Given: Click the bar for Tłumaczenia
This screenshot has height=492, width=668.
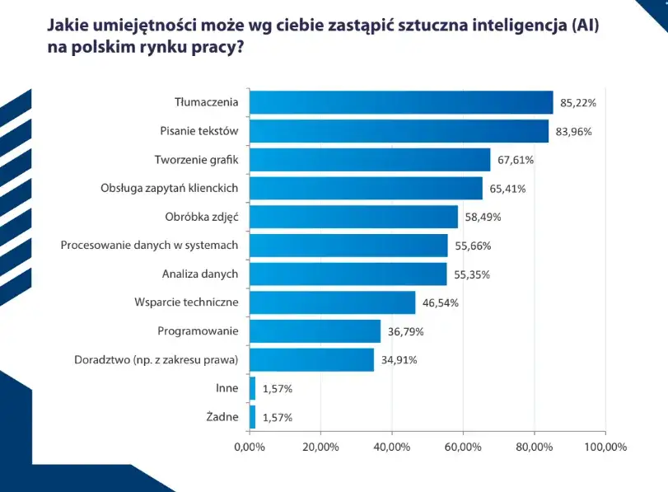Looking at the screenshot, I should point(401,102).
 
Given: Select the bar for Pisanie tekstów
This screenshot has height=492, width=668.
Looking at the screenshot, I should point(399,131).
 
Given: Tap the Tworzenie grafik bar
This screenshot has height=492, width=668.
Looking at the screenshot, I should point(370,160).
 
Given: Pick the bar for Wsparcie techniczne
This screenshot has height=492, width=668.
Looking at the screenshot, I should point(332,302).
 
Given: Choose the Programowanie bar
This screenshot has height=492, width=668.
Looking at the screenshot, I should point(315,331).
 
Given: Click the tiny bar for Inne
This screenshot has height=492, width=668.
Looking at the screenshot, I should point(252,388).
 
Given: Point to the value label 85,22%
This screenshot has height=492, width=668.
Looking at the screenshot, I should point(577,103).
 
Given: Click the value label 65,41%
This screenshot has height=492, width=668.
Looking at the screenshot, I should point(507,189).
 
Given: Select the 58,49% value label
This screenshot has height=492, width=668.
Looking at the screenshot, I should point(483,218).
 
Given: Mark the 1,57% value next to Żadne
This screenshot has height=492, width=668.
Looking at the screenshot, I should point(278,417).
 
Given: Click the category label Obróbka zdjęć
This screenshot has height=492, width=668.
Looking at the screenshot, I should point(201,217).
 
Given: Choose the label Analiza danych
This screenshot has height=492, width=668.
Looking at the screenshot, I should point(200,274).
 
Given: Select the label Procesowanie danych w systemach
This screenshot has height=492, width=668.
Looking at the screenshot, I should point(150,245).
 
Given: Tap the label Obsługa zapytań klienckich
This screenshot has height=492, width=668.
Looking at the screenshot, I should point(169,188).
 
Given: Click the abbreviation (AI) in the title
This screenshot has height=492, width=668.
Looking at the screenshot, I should point(582,26).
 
